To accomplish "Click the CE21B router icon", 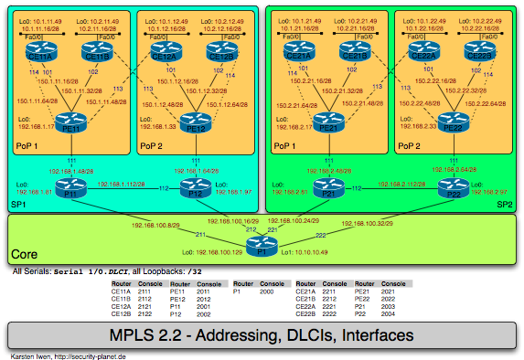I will tap(354, 55).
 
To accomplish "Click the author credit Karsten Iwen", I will tap(30, 356).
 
